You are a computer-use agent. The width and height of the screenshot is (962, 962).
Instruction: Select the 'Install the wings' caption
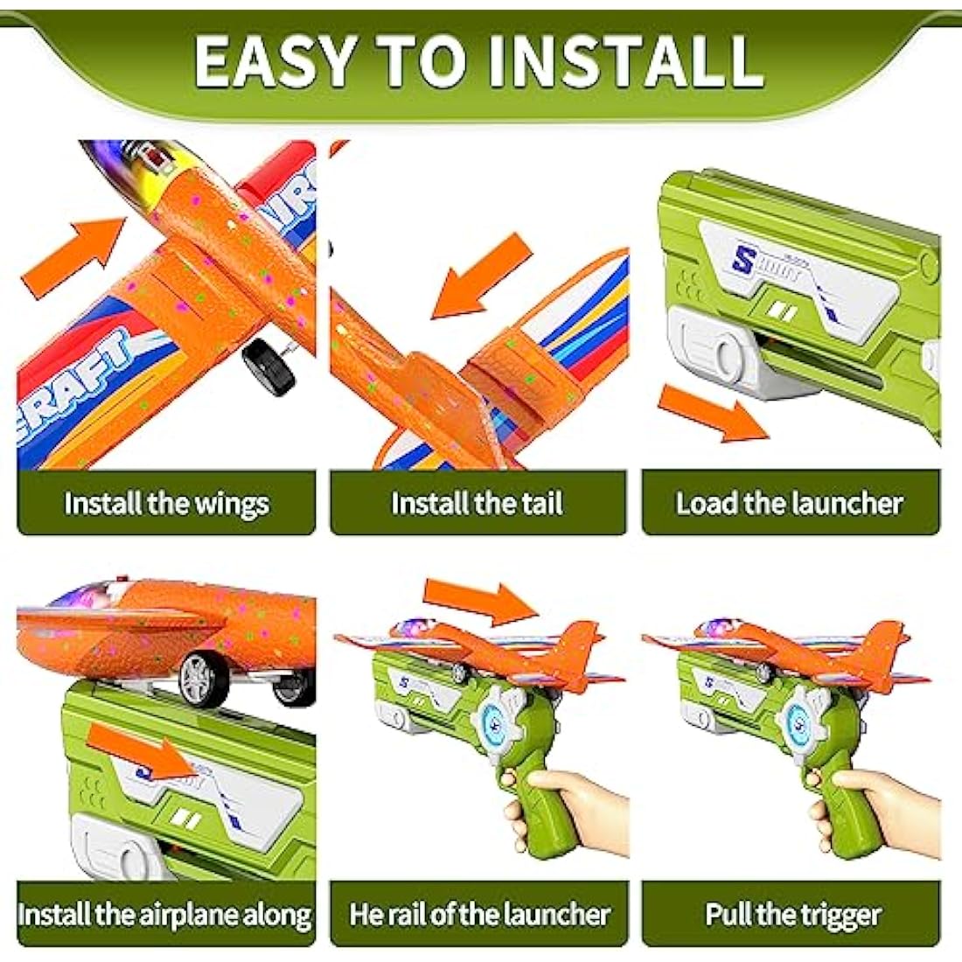(x=166, y=504)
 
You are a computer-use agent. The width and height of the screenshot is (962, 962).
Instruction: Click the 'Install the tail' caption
(x=478, y=504)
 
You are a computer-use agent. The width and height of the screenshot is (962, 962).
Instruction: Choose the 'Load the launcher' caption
(x=789, y=504)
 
